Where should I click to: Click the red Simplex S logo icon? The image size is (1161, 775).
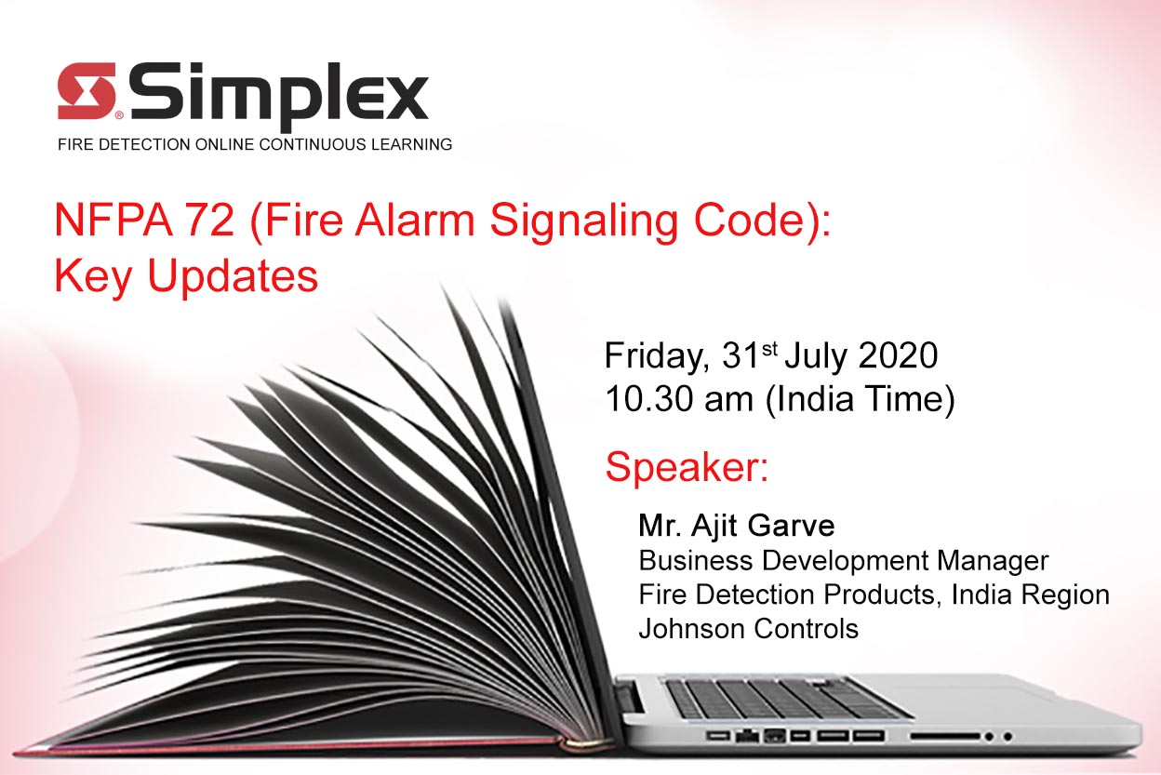click(x=87, y=91)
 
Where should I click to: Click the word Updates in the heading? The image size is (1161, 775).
click(x=233, y=278)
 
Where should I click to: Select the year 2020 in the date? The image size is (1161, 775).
click(x=898, y=355)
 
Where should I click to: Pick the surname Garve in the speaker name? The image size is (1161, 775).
click(x=792, y=526)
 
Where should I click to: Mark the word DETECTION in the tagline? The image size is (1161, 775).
click(x=144, y=144)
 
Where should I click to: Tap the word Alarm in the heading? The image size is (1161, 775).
click(x=415, y=220)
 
